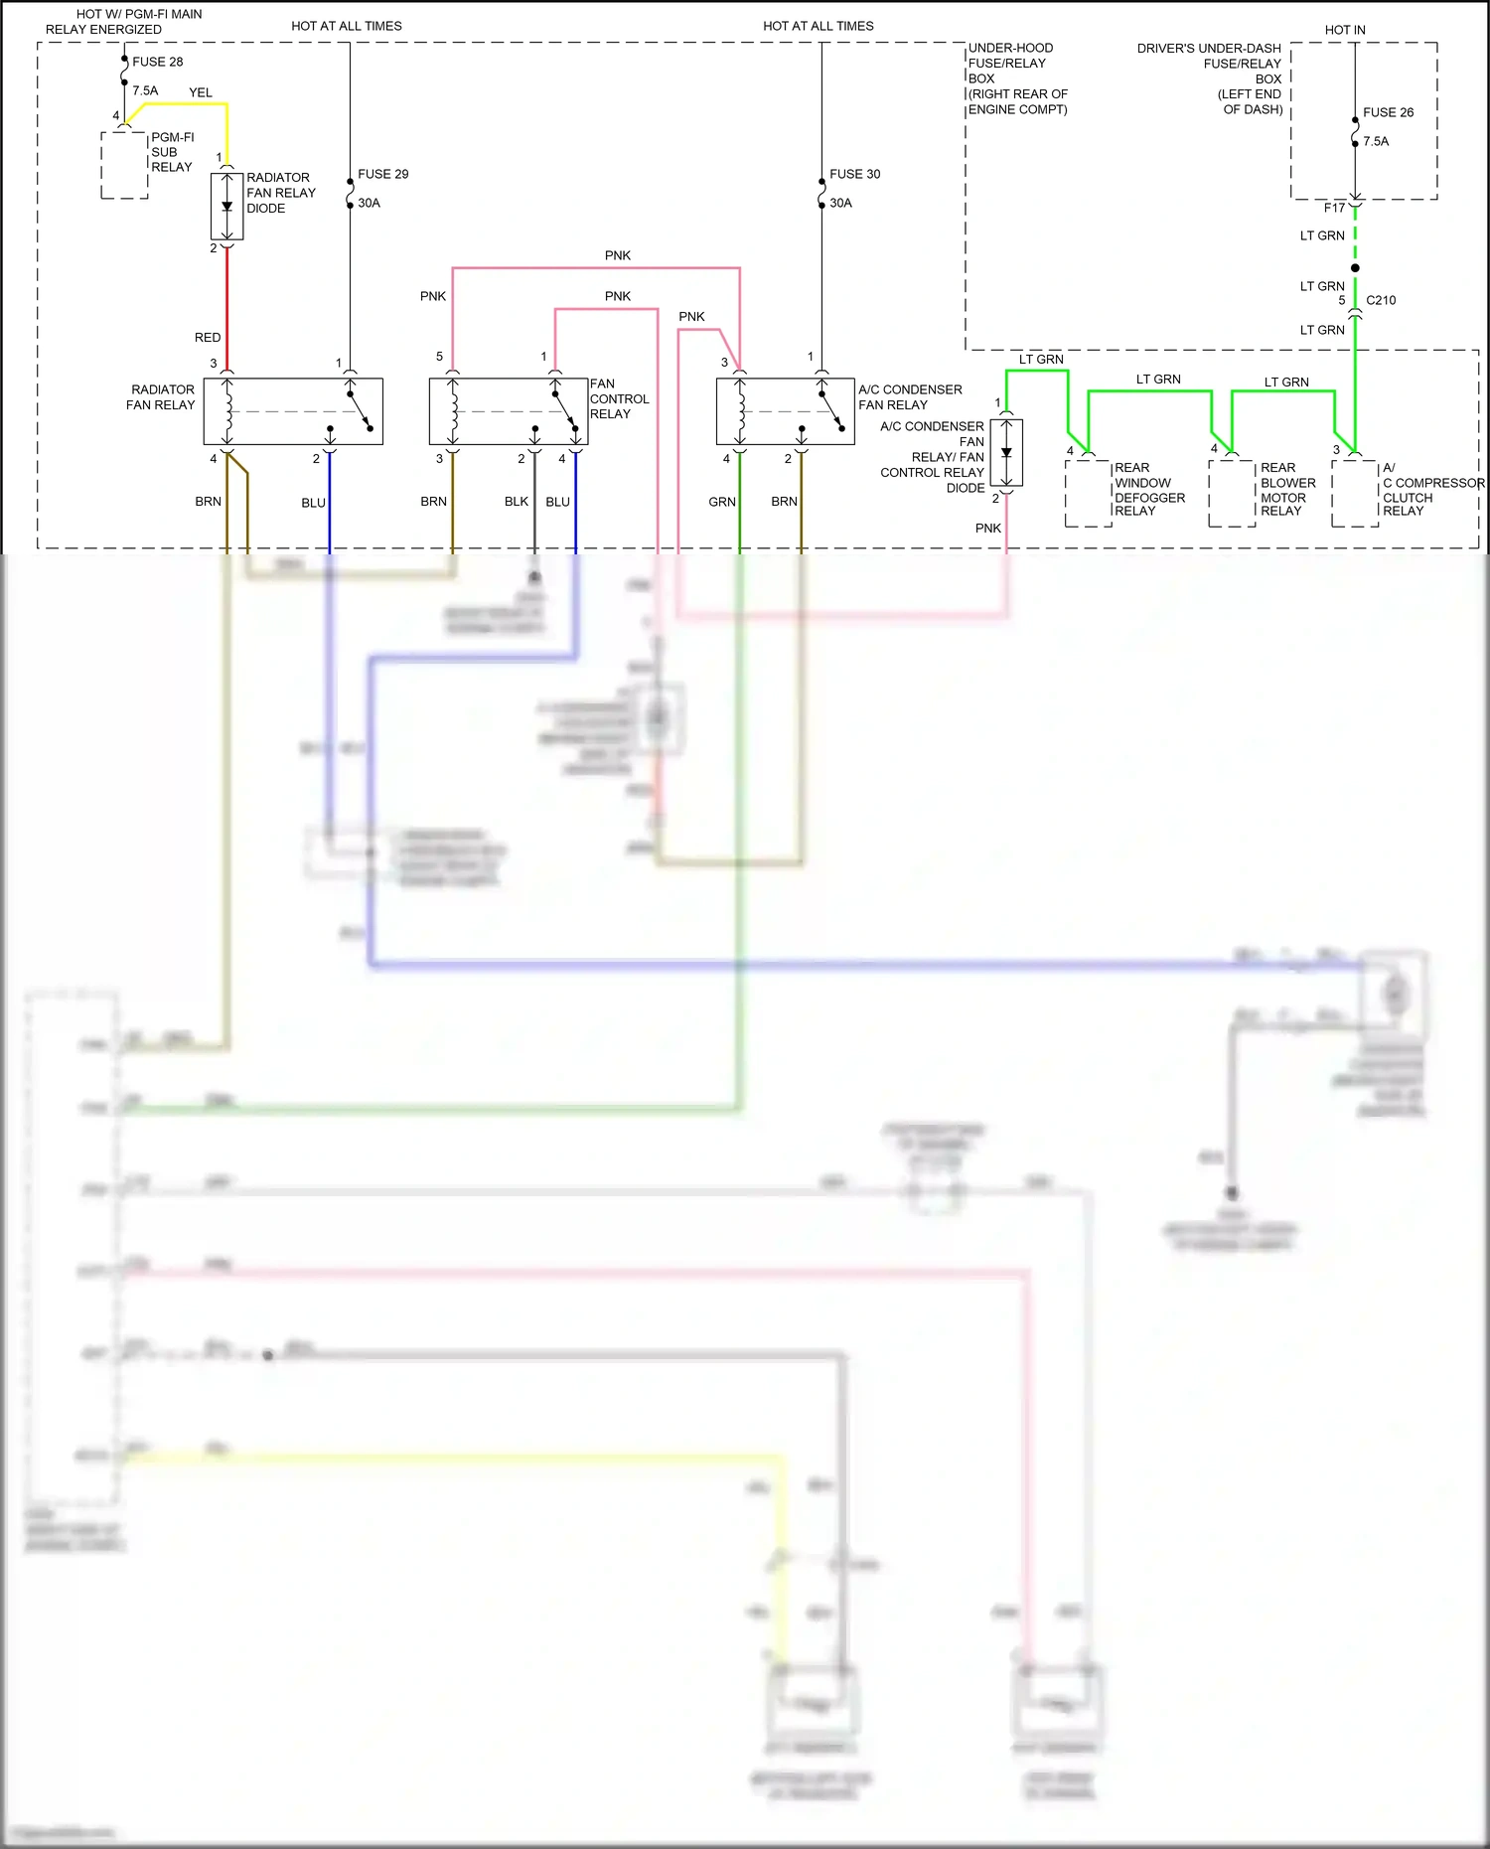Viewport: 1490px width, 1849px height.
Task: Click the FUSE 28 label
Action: click(x=157, y=62)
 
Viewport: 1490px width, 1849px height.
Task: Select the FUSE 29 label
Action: click(x=382, y=174)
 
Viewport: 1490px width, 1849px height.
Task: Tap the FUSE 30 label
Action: click(x=854, y=174)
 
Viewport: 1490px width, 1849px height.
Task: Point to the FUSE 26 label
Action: click(x=1388, y=112)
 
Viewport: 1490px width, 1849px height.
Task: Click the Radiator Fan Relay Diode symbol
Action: click(x=226, y=207)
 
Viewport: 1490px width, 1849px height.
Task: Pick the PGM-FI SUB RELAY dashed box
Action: click(x=124, y=165)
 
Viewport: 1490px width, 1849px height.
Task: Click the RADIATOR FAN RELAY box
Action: click(x=293, y=411)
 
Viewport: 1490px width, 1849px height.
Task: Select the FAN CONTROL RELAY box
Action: click(x=508, y=411)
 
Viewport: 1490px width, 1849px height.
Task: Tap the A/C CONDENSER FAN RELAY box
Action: click(x=785, y=411)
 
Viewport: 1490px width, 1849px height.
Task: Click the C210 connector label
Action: click(x=1381, y=300)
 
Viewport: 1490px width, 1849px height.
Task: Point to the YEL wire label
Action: click(x=201, y=92)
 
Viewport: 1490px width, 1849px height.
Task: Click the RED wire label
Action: click(x=208, y=338)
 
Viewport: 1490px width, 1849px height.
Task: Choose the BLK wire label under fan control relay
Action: click(x=517, y=502)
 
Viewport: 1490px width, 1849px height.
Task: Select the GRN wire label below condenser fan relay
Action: click(x=722, y=502)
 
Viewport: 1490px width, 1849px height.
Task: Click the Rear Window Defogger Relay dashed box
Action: click(x=1088, y=492)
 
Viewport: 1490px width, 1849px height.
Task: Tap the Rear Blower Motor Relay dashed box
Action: click(x=1232, y=492)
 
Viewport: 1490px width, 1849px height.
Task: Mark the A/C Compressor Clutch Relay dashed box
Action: click(x=1355, y=492)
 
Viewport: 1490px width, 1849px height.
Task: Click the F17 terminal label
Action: click(x=1334, y=208)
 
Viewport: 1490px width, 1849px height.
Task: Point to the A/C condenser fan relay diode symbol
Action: click(x=1006, y=453)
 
